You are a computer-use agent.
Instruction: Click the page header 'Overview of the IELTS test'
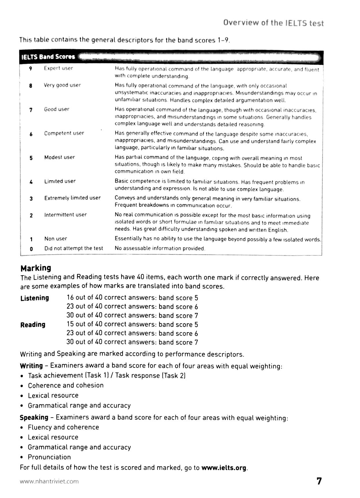click(x=273, y=23)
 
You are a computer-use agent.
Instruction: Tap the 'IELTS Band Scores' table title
click(x=48, y=57)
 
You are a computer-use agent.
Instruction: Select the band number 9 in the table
click(x=30, y=68)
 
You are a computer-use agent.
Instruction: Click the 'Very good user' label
click(x=62, y=85)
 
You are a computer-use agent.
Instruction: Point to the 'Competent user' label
click(x=64, y=133)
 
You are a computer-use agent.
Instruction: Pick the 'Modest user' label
click(x=59, y=157)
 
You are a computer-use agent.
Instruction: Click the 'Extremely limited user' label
click(x=72, y=198)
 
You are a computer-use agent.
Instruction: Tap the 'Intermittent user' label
click(x=65, y=215)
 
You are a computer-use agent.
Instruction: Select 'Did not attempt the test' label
click(x=74, y=248)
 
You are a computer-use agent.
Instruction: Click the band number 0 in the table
click(x=31, y=248)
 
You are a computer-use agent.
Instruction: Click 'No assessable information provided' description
click(x=160, y=248)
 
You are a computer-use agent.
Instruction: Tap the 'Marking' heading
click(x=36, y=268)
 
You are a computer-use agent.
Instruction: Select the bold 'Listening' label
click(x=35, y=298)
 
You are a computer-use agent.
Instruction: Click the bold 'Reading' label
click(x=33, y=325)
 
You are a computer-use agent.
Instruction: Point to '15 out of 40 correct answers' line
click(x=111, y=325)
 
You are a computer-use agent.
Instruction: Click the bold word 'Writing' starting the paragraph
click(x=31, y=366)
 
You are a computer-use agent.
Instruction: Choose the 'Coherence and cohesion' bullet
click(x=65, y=385)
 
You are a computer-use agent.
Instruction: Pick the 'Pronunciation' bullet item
click(x=49, y=457)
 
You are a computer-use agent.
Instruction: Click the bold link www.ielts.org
click(x=224, y=467)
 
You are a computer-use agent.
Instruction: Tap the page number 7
click(x=319, y=481)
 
